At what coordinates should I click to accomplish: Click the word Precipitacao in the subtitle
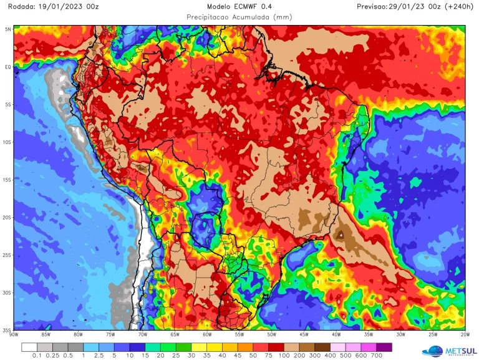213,17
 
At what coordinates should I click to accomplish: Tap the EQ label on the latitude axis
8,67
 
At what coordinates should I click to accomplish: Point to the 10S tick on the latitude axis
8,142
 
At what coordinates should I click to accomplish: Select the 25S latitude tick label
8,255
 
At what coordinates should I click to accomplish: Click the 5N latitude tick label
8,29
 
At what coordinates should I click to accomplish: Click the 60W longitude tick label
206,334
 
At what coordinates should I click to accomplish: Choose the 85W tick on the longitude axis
46,334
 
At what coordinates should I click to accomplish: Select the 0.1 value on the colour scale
37,356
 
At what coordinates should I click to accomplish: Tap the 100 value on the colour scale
284,356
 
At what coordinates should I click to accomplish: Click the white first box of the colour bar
29,346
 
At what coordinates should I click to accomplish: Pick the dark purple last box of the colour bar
384,346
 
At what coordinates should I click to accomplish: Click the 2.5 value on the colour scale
99,356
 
